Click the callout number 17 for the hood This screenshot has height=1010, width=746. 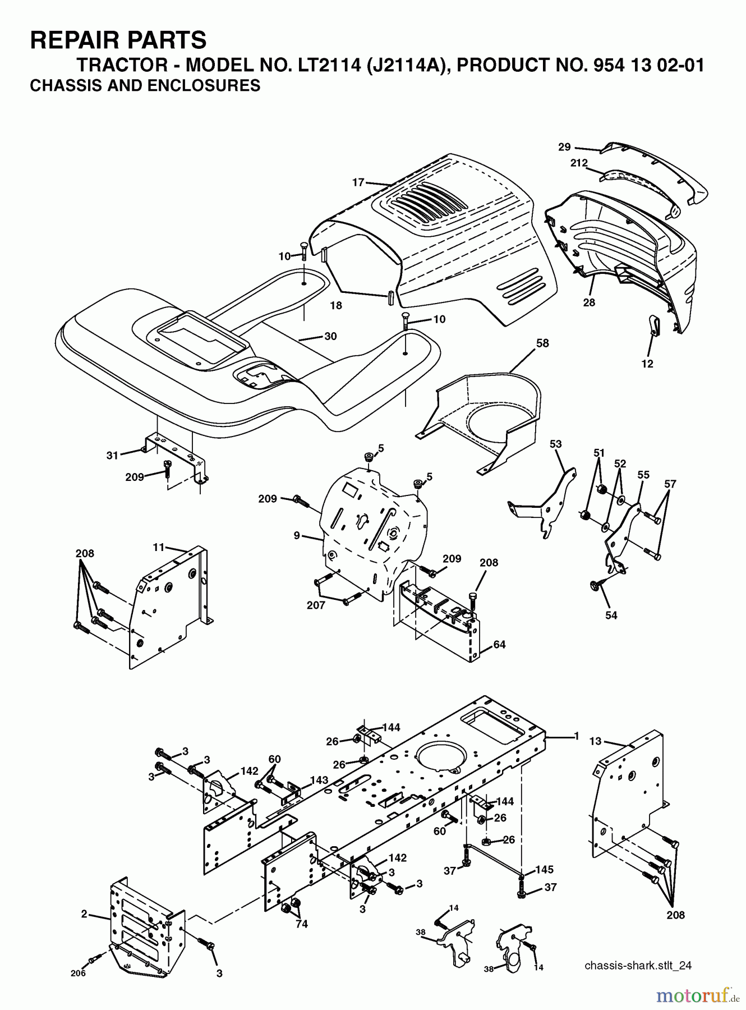[358, 182]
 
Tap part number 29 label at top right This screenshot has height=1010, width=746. [564, 147]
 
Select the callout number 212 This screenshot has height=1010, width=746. [578, 163]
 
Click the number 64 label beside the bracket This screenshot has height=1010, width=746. [499, 645]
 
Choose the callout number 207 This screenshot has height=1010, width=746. [316, 605]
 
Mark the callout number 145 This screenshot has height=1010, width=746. [544, 870]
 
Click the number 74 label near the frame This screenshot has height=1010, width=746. [301, 924]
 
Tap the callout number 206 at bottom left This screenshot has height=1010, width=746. [79, 973]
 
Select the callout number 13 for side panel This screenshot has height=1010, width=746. [595, 741]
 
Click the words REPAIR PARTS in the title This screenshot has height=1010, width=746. [118, 40]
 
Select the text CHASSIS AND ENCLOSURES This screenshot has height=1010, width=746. [145, 86]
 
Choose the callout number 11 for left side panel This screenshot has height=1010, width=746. [158, 546]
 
